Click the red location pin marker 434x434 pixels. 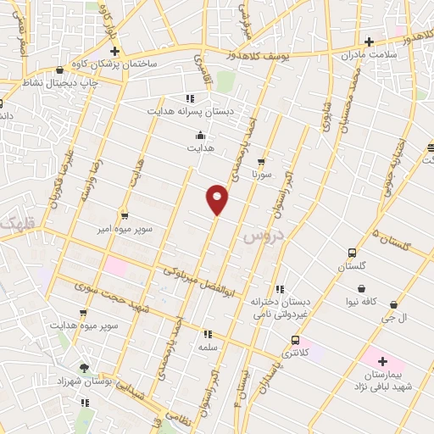218,198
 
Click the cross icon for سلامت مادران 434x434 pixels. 369,41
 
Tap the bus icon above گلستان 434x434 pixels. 352,253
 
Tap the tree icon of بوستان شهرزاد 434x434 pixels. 83,368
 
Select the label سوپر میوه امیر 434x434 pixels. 125,228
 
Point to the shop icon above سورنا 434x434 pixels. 261,161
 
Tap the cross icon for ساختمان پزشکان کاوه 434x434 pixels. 114,51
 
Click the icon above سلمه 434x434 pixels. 208,334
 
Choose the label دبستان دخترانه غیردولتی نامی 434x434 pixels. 280,307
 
